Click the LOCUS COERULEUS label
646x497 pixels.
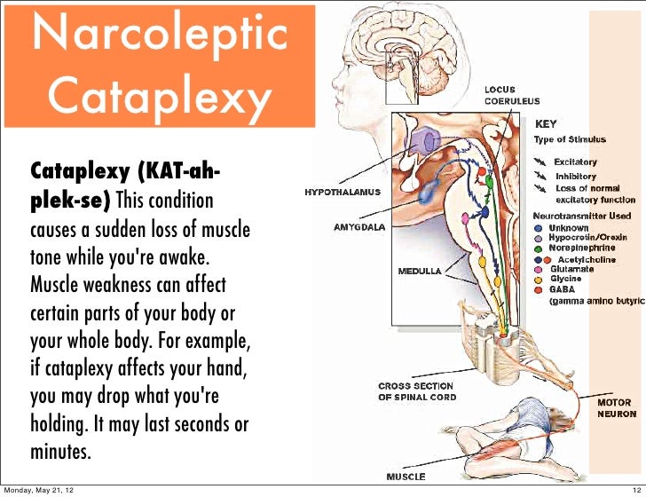click(x=508, y=95)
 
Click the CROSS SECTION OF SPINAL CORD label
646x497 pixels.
click(x=416, y=391)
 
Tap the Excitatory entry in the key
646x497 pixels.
click(x=575, y=162)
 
